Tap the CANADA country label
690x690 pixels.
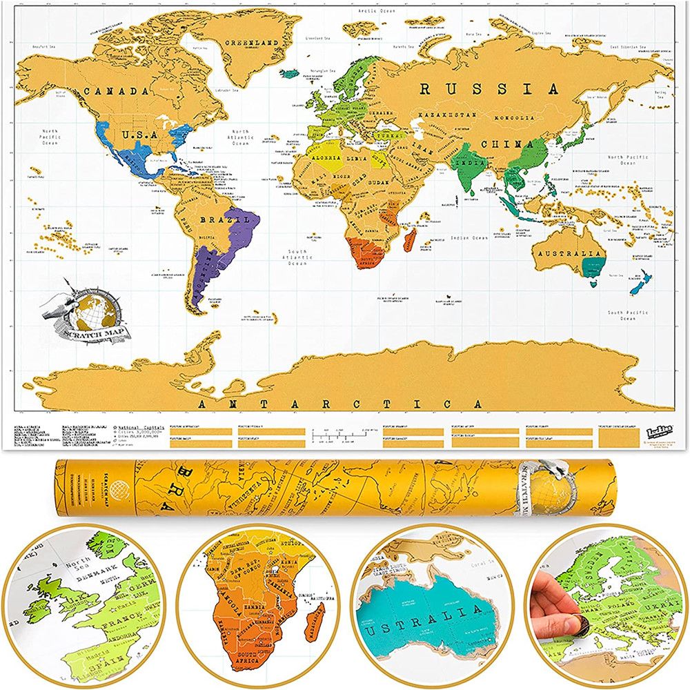pos(115,90)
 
